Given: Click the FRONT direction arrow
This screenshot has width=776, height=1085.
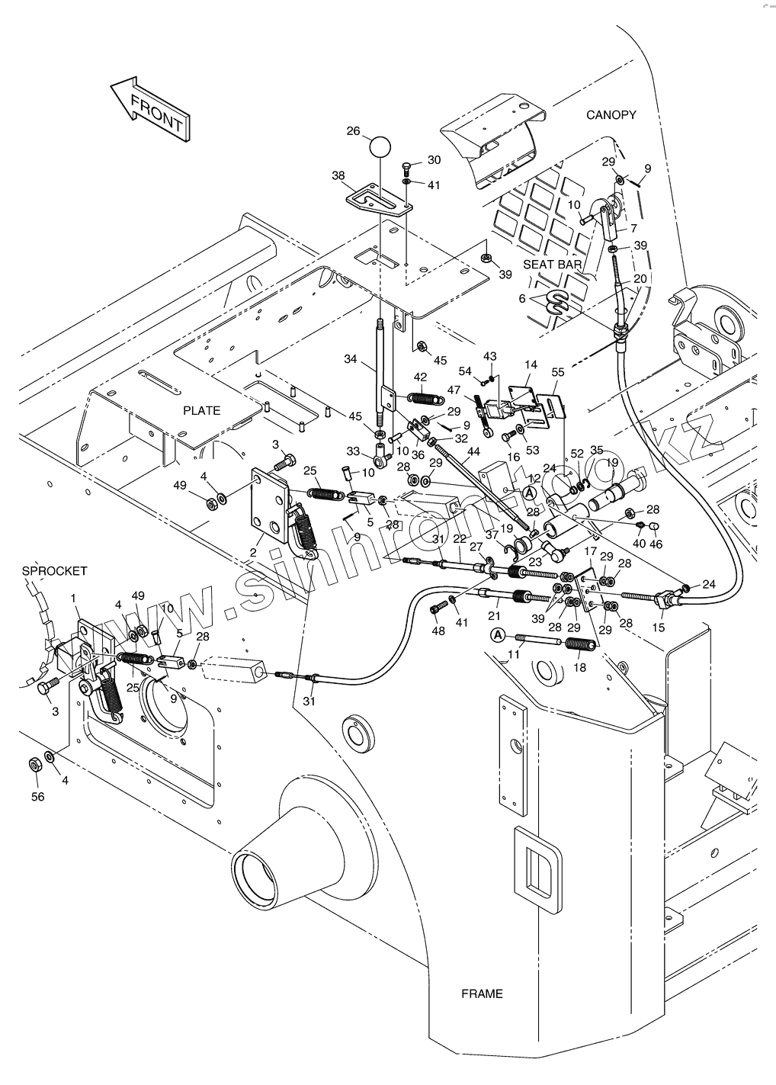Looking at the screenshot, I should (x=152, y=109).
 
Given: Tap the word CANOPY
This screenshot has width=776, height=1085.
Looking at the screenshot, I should (x=611, y=115).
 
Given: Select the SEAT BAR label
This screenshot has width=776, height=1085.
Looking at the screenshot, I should (x=553, y=265).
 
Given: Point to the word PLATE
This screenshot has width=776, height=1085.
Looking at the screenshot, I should (x=202, y=410).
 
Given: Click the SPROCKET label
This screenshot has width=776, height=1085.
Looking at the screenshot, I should (x=54, y=570).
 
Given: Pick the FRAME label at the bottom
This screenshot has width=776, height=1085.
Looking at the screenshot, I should (x=482, y=994).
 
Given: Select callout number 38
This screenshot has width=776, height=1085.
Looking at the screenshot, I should (x=338, y=175).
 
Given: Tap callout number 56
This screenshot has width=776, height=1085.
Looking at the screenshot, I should (x=37, y=797).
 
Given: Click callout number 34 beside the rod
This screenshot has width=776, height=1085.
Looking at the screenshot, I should (x=350, y=358).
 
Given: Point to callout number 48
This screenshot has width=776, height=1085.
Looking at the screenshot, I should (x=437, y=631).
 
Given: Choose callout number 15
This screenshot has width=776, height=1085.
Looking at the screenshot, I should (x=659, y=627).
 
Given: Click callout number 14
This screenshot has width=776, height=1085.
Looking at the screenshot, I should (x=531, y=365).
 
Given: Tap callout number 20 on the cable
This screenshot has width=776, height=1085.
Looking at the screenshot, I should (x=640, y=279).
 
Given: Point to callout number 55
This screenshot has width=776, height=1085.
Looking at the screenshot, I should (x=558, y=371).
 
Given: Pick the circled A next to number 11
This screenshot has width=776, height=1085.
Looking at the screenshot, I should (x=497, y=634).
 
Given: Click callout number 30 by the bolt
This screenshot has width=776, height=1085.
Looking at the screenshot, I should (x=434, y=160).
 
